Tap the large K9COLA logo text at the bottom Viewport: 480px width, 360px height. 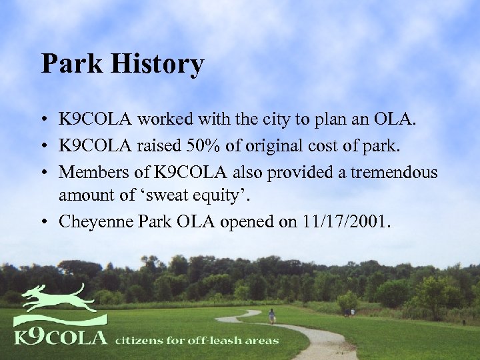coord(60,336)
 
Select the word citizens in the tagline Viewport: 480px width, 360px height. coord(141,340)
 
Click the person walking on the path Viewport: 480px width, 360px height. coord(271,315)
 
